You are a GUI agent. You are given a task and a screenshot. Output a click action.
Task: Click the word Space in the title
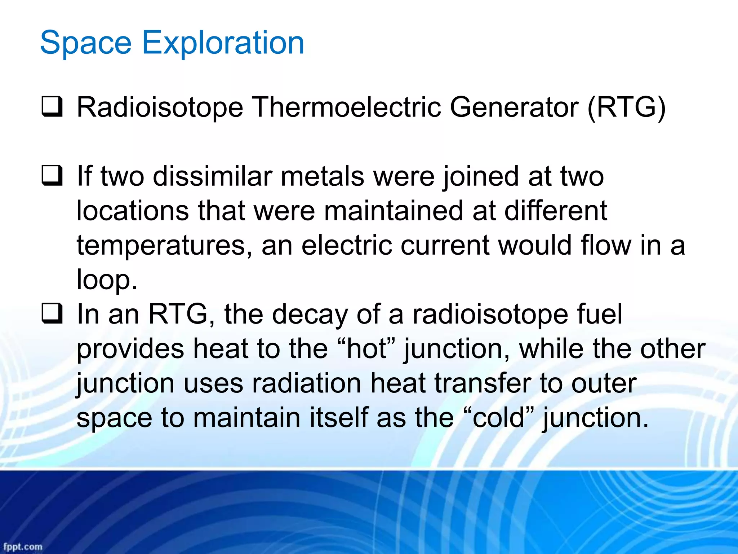click(86, 43)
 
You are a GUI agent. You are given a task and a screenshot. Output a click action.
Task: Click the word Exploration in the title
click(223, 43)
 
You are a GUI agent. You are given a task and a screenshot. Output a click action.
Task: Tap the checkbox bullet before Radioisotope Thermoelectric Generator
click(52, 107)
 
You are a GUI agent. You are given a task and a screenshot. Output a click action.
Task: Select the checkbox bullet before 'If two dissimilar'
click(52, 176)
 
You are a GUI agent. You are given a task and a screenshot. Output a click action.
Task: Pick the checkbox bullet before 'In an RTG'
click(52, 314)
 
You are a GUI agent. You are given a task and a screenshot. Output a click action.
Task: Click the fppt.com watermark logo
click(23, 546)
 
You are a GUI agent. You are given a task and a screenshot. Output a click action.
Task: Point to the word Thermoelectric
click(346, 107)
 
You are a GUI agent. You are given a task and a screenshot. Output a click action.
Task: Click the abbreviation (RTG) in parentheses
click(626, 107)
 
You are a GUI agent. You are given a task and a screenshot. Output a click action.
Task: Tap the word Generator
click(514, 107)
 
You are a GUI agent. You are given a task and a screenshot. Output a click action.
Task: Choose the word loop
click(106, 280)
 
